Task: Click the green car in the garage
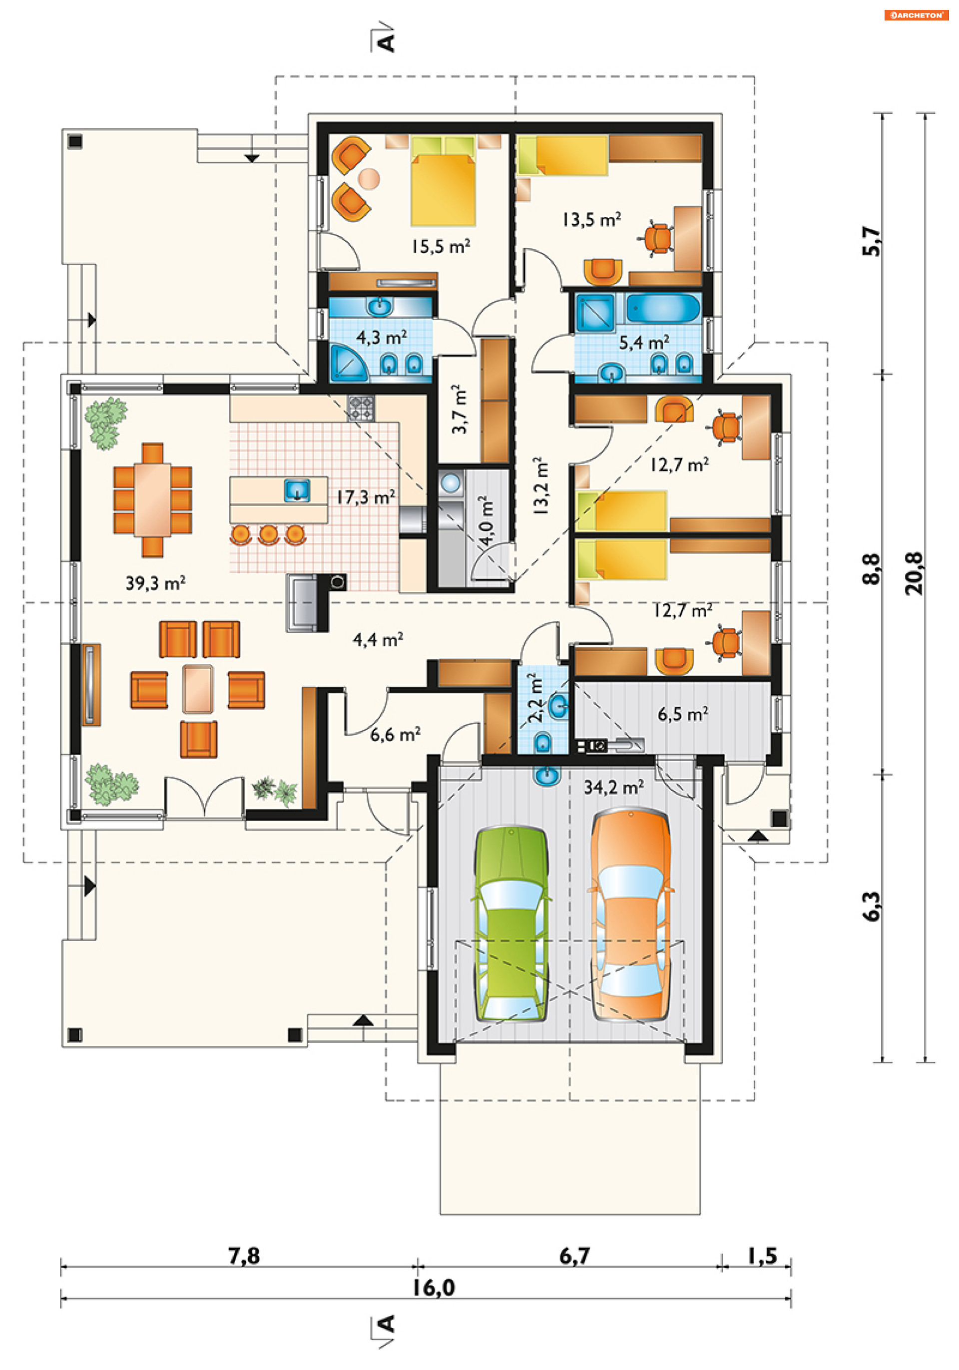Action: (x=511, y=923)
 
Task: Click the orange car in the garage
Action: (x=631, y=914)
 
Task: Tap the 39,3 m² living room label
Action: (x=155, y=582)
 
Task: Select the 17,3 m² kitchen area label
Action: (x=366, y=497)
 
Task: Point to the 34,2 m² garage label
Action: (x=613, y=787)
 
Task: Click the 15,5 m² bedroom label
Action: (x=441, y=246)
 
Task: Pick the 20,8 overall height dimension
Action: (x=914, y=573)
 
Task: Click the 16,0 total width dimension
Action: (x=434, y=1288)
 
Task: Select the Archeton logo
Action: (x=916, y=15)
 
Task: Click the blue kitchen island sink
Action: (x=297, y=490)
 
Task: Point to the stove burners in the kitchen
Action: (x=361, y=409)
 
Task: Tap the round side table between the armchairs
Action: (x=369, y=178)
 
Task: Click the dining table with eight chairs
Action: (x=153, y=500)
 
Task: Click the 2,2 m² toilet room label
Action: (x=535, y=698)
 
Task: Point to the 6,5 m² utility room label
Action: (x=683, y=714)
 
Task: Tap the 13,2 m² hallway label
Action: (x=540, y=485)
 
